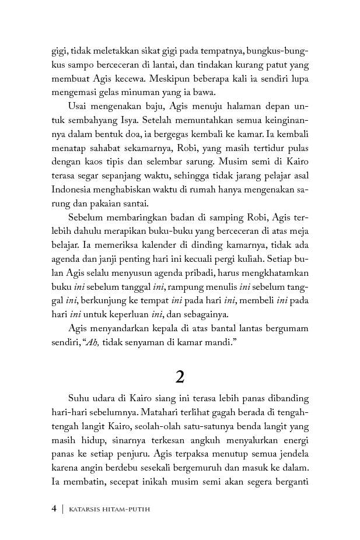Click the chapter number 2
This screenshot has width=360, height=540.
click(x=180, y=377)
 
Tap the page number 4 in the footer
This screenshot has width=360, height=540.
click(x=54, y=509)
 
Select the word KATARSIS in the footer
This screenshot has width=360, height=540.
click(x=86, y=509)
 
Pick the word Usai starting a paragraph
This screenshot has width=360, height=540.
click(x=79, y=106)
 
